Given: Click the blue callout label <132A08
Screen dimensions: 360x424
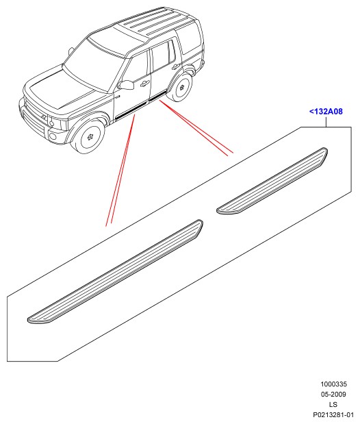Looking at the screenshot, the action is point(326,112).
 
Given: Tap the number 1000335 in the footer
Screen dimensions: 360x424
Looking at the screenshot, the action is point(333,384).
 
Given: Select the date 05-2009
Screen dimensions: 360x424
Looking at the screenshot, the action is point(333,395).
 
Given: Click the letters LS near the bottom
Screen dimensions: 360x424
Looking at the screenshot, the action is point(333,405).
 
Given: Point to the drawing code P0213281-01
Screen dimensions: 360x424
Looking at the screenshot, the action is point(333,414).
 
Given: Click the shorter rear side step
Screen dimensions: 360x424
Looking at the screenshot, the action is point(272,181).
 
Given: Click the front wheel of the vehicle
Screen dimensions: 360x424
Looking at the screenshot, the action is point(88,137).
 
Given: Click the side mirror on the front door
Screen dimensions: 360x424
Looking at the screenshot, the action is point(126,85).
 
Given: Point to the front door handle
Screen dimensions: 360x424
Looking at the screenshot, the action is point(145,84).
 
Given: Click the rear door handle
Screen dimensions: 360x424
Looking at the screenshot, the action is point(176,66).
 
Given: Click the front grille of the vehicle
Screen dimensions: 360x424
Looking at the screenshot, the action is point(34,114).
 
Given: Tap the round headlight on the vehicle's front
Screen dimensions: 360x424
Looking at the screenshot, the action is point(51,123).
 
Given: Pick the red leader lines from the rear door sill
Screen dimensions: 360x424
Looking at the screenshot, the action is point(196,128).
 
